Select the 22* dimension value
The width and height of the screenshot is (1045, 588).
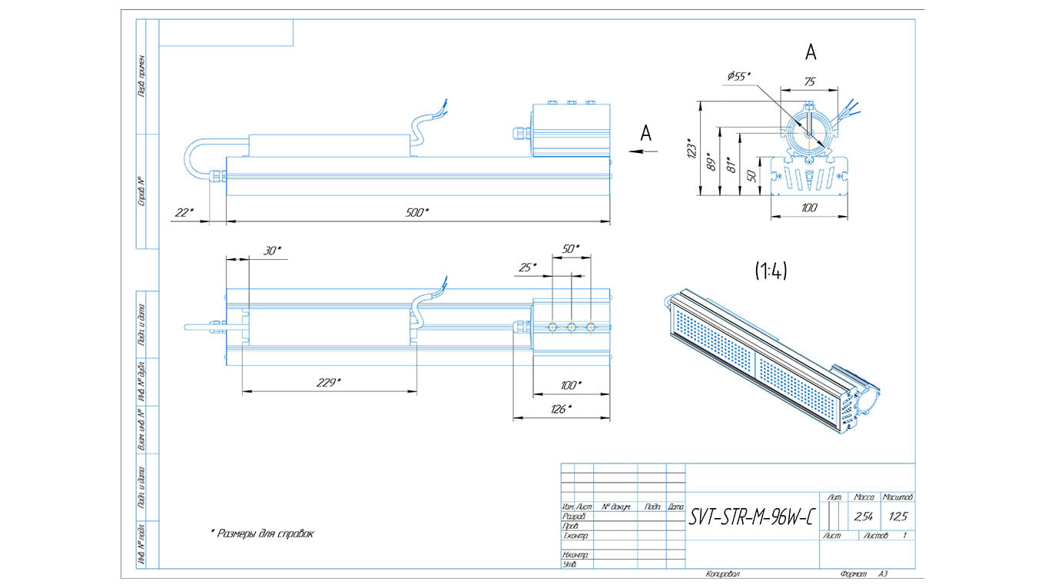184,213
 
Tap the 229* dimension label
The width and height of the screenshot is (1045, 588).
328,382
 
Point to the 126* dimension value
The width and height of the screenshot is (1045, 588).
560,409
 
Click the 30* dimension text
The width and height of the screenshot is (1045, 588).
273,251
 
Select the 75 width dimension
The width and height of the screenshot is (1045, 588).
809,81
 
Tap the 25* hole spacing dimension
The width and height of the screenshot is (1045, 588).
528,267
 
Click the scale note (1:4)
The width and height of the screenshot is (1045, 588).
770,271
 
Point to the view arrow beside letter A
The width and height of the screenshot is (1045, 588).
643,151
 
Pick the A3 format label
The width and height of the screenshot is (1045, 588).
883,573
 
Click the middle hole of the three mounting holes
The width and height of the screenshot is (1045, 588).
571,327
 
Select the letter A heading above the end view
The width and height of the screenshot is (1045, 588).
810,52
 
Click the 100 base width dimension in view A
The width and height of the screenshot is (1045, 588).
809,208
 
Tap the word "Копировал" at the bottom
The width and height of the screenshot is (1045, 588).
723,573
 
